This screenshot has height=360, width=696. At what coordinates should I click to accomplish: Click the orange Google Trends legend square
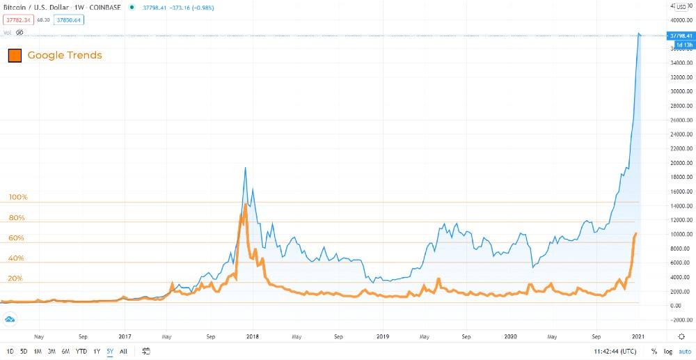pyautogui.click(x=14, y=55)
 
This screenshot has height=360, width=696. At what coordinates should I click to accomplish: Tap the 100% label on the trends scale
pyautogui.click(x=17, y=197)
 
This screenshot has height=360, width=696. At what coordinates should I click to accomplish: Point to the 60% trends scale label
pyautogui.click(x=17, y=238)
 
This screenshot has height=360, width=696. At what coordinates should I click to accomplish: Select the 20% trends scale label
pyautogui.click(x=15, y=279)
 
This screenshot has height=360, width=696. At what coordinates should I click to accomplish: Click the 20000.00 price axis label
pyautogui.click(x=679, y=163)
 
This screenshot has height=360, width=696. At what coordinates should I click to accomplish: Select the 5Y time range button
pyautogui.click(x=110, y=351)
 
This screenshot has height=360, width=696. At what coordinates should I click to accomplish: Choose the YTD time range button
pyautogui.click(x=82, y=351)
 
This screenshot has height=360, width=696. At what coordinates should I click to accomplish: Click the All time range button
pyautogui.click(x=123, y=351)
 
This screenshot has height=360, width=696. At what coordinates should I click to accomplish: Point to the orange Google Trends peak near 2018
pyautogui.click(x=245, y=205)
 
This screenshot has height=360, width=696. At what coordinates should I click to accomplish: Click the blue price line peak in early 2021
pyautogui.click(x=640, y=33)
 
